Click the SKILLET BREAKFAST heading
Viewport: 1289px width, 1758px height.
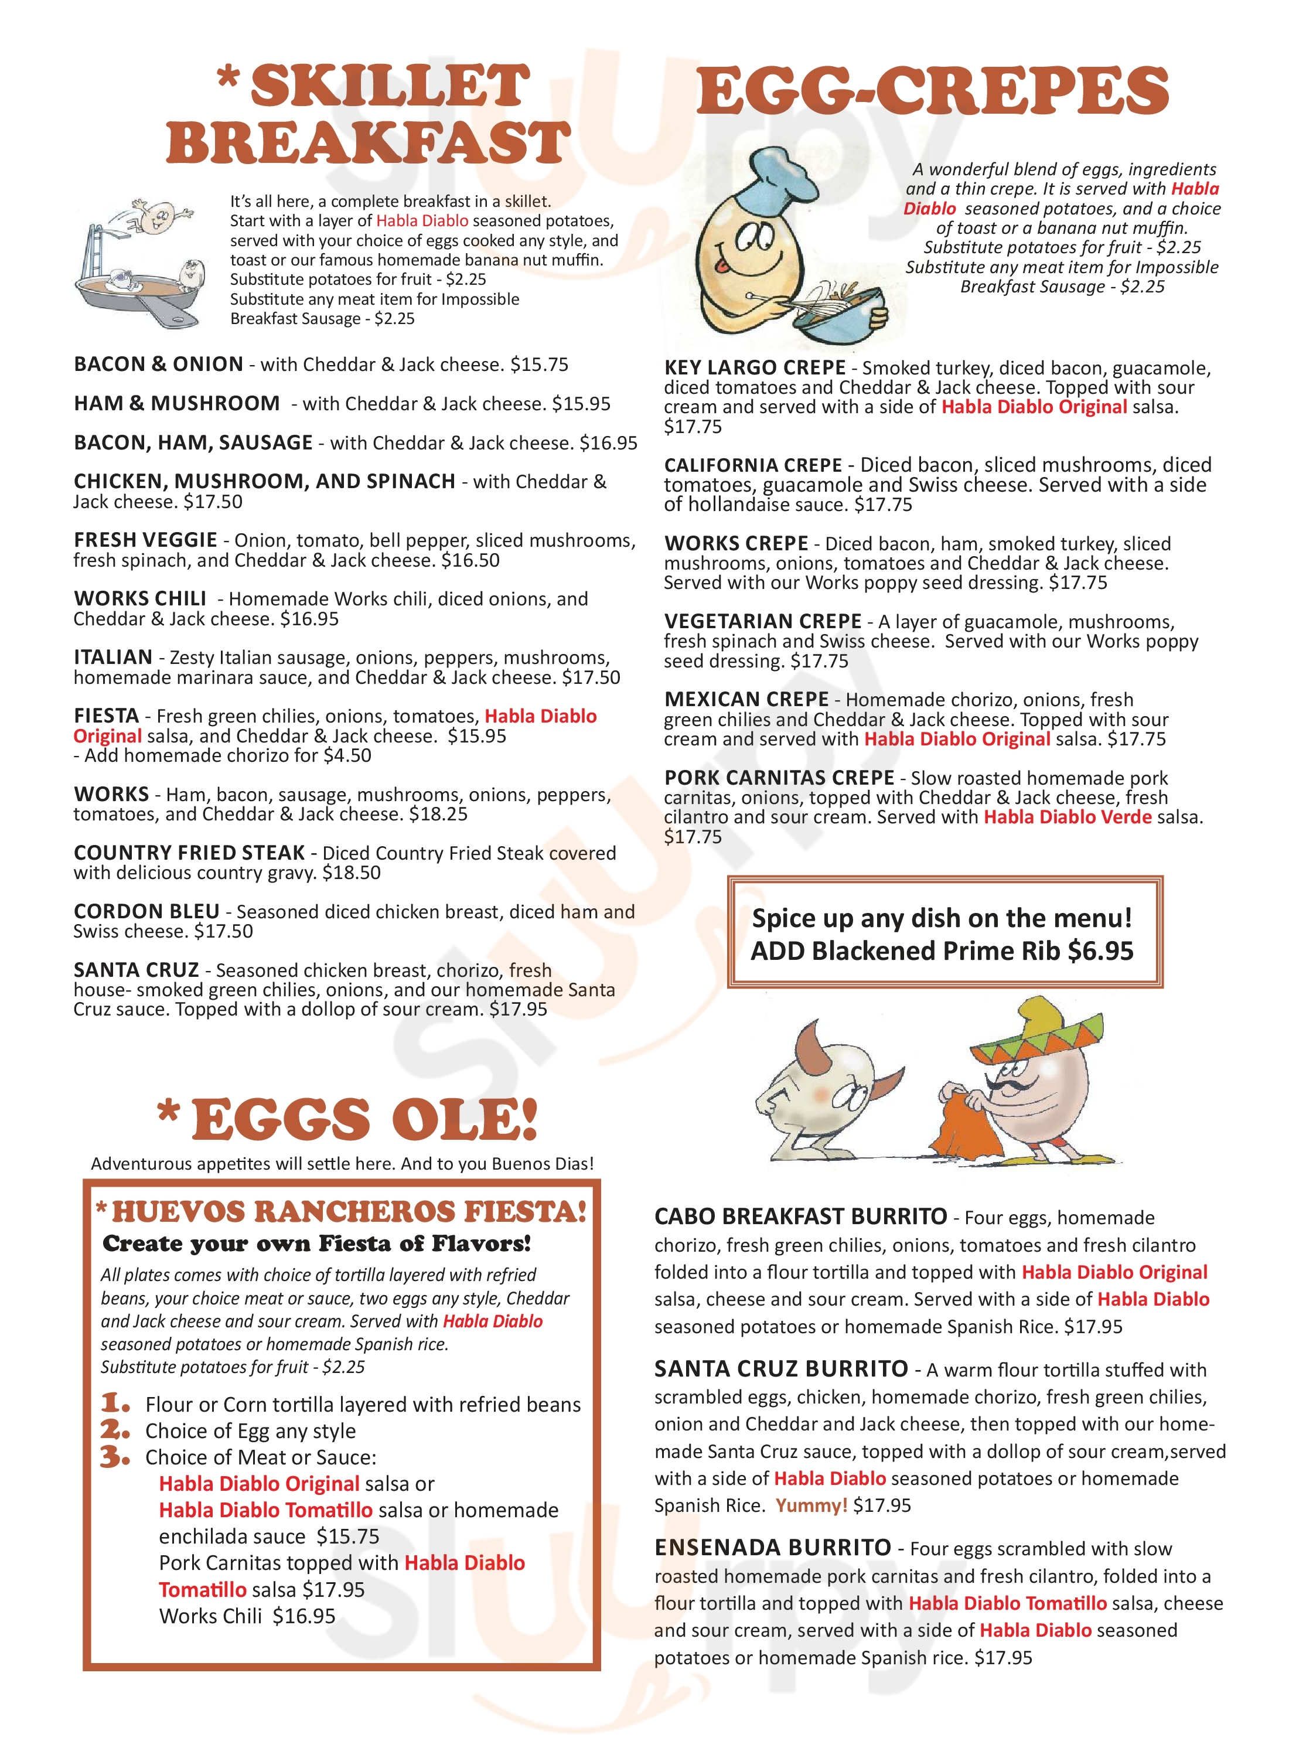click(x=369, y=115)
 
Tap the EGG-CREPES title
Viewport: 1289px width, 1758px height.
click(x=932, y=91)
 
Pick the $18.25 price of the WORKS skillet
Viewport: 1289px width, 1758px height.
click(x=438, y=815)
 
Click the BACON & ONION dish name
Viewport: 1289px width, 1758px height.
click(x=158, y=364)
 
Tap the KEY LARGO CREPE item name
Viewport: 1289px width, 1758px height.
click(x=755, y=368)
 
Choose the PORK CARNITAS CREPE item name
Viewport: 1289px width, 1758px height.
click(x=779, y=778)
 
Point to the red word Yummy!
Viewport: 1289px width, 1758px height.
click(x=811, y=1505)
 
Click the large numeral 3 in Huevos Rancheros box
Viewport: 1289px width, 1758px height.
click(x=115, y=1457)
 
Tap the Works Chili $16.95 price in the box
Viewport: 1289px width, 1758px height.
click(x=304, y=1616)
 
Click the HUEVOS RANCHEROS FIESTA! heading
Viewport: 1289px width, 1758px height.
click(x=348, y=1212)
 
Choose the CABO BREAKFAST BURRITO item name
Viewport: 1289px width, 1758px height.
click(x=800, y=1217)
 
